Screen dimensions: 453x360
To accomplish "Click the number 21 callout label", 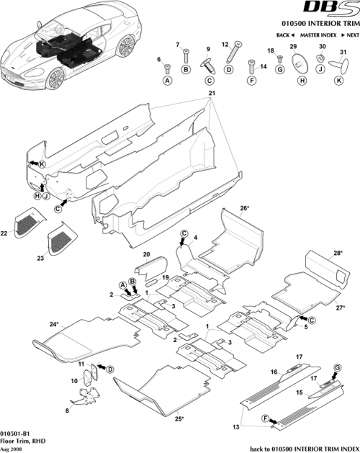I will [x=211, y=94].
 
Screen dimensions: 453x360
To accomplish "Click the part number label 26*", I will [x=244, y=208].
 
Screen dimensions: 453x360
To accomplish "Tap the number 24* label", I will [x=53, y=324].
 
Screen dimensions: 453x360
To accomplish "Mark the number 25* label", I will [x=179, y=418].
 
